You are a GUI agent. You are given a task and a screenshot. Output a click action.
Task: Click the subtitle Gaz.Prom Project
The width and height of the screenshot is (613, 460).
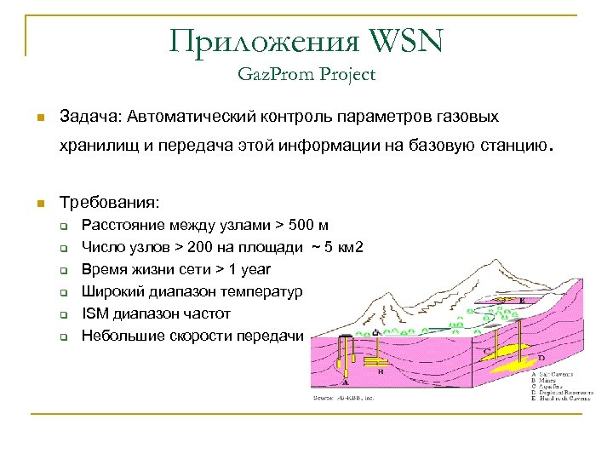point(306,75)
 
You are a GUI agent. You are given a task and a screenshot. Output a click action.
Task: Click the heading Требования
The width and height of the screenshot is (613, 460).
point(108,203)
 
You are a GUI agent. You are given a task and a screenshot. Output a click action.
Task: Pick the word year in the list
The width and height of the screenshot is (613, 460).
point(254,269)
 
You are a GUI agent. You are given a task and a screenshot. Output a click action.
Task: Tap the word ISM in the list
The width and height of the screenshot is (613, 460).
point(94,313)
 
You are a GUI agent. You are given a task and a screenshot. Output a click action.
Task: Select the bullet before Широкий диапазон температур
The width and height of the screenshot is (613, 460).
point(63,292)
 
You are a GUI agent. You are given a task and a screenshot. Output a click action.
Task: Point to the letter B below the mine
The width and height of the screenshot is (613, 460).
point(380,372)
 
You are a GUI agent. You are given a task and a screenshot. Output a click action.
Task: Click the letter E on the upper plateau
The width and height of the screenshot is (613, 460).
point(521,301)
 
